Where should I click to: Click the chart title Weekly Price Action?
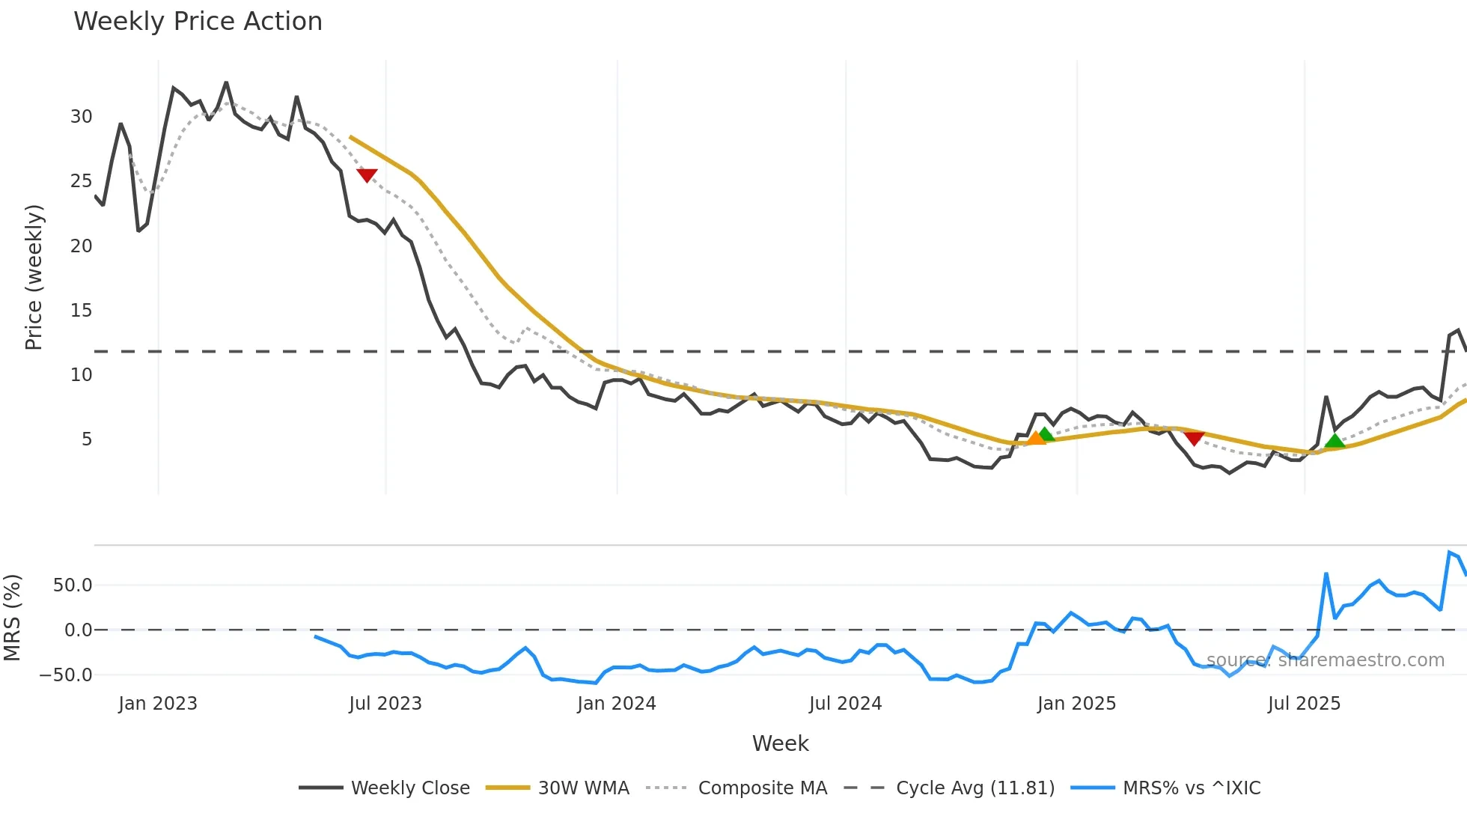[x=198, y=22]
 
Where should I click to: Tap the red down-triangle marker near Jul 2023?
[x=367, y=175]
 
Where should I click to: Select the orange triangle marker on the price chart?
[x=1035, y=438]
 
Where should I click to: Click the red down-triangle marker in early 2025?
[x=1195, y=438]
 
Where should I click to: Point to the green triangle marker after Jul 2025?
[x=1335, y=440]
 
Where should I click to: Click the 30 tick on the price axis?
[x=81, y=117]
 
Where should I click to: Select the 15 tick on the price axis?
[x=81, y=311]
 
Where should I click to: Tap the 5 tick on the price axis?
[x=87, y=439]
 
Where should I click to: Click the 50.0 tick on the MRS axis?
[x=73, y=585]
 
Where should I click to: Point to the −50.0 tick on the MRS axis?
[x=66, y=675]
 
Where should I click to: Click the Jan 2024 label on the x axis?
[x=616, y=704]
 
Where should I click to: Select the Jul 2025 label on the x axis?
[x=1304, y=704]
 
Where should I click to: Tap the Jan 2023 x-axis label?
[x=158, y=704]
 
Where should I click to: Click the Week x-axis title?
[x=780, y=743]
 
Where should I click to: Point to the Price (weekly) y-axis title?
[x=34, y=278]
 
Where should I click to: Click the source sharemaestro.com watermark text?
[x=1325, y=660]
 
